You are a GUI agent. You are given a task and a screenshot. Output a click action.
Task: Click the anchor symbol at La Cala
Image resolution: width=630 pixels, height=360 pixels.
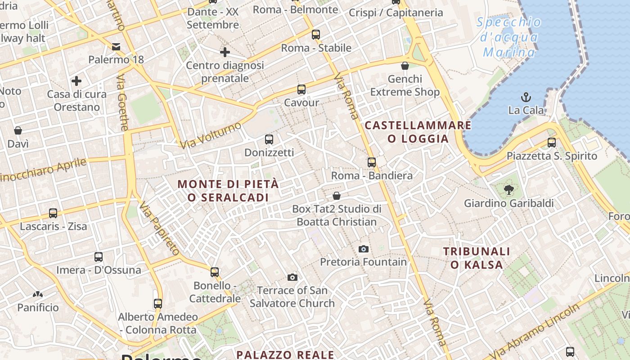(x=525, y=97)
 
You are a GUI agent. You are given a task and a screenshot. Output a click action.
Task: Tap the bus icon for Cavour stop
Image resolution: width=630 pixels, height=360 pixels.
(x=301, y=90)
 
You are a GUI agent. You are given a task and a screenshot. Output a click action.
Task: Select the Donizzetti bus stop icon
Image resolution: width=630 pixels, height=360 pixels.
(x=269, y=139)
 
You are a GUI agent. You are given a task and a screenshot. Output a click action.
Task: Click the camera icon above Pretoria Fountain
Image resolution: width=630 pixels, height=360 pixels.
(x=364, y=249)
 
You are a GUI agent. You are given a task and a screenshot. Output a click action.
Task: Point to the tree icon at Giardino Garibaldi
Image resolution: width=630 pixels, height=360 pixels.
(x=509, y=190)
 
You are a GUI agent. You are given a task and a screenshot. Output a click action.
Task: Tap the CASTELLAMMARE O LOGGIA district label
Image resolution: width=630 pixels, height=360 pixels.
(x=418, y=132)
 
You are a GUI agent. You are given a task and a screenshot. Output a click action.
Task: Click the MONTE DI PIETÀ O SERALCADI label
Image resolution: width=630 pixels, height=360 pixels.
(x=228, y=191)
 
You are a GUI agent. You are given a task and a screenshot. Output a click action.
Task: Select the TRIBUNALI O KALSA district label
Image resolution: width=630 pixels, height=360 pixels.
(x=477, y=258)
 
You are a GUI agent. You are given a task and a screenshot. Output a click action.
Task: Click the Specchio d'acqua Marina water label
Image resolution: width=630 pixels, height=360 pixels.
(x=509, y=37)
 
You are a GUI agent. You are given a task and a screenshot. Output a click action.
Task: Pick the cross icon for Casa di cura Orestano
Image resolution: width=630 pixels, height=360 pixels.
(x=76, y=81)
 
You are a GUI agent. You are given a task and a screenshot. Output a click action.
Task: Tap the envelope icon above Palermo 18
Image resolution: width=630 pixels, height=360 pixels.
(x=116, y=46)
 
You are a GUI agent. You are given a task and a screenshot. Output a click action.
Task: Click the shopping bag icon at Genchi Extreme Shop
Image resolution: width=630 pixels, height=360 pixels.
(x=405, y=66)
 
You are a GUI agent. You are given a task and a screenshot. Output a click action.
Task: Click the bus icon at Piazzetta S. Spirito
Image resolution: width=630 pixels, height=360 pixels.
(x=552, y=143)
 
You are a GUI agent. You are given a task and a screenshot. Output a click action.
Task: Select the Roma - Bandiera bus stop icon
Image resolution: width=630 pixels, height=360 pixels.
(x=372, y=162)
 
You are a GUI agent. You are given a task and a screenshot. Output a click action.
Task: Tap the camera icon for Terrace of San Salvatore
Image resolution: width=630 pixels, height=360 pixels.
(x=292, y=277)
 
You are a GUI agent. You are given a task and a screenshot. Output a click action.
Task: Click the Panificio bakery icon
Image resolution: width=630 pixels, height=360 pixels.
(x=38, y=295)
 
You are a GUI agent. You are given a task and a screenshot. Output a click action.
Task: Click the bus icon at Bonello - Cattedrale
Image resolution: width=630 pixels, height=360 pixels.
(x=215, y=272)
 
